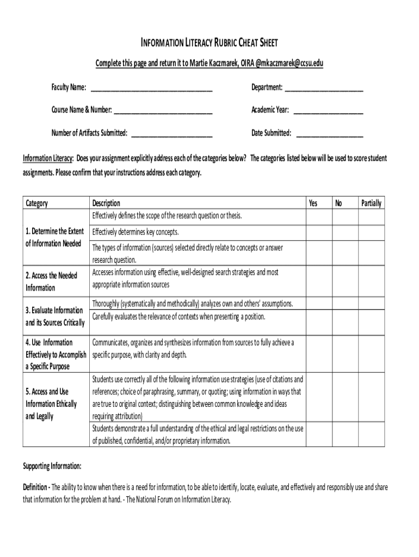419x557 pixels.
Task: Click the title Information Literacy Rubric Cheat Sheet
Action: click(x=209, y=44)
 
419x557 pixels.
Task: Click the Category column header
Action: click(x=37, y=203)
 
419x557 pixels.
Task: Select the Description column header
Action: click(x=106, y=203)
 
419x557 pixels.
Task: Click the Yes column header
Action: click(x=313, y=203)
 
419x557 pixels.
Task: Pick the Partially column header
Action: click(x=371, y=203)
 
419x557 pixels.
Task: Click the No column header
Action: click(x=338, y=203)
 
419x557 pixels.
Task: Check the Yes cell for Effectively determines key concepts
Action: click(x=318, y=232)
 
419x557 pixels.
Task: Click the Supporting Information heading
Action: click(x=52, y=466)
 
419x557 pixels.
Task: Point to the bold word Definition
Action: click(x=35, y=487)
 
